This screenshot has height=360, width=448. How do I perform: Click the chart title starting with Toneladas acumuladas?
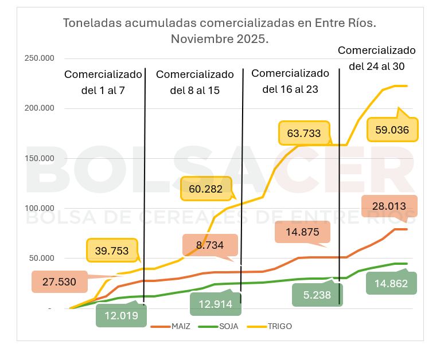[x=219, y=31]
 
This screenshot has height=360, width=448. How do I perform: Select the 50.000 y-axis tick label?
[x=41, y=258]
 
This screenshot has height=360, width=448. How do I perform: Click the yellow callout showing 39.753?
[x=112, y=250]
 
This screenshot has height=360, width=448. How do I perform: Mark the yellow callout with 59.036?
[x=392, y=130]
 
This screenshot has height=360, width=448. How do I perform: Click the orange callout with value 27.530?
[x=59, y=281]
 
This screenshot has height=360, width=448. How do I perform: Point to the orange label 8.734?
[x=209, y=244]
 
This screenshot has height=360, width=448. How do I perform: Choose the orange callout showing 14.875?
[x=302, y=232]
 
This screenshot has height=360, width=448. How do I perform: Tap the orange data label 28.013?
[x=389, y=206]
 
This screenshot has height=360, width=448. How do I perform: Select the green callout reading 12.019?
[x=121, y=315]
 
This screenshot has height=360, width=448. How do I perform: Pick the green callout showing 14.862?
[x=391, y=283]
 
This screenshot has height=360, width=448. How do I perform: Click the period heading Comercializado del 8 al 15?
[x=195, y=82]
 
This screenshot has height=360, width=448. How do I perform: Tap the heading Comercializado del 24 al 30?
[x=376, y=58]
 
